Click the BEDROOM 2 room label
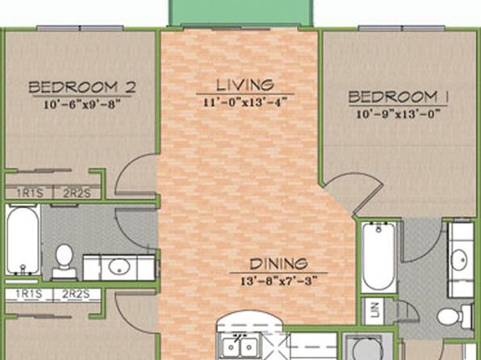tap(82, 87)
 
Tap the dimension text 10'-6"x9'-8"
tap(82, 104)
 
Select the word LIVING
tap(245, 85)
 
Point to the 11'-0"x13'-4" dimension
tap(245, 102)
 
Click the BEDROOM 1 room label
tap(398, 98)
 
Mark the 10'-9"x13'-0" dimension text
tap(398, 114)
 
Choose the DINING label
tap(278, 264)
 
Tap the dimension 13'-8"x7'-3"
tap(278, 281)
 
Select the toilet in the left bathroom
tap(64, 261)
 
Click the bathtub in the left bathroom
tap(23, 240)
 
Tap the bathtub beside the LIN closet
tap(379, 257)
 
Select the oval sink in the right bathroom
tap(459, 260)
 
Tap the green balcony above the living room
tap(240, 12)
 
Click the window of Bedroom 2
tap(80, 28)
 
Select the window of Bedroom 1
tap(402, 28)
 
